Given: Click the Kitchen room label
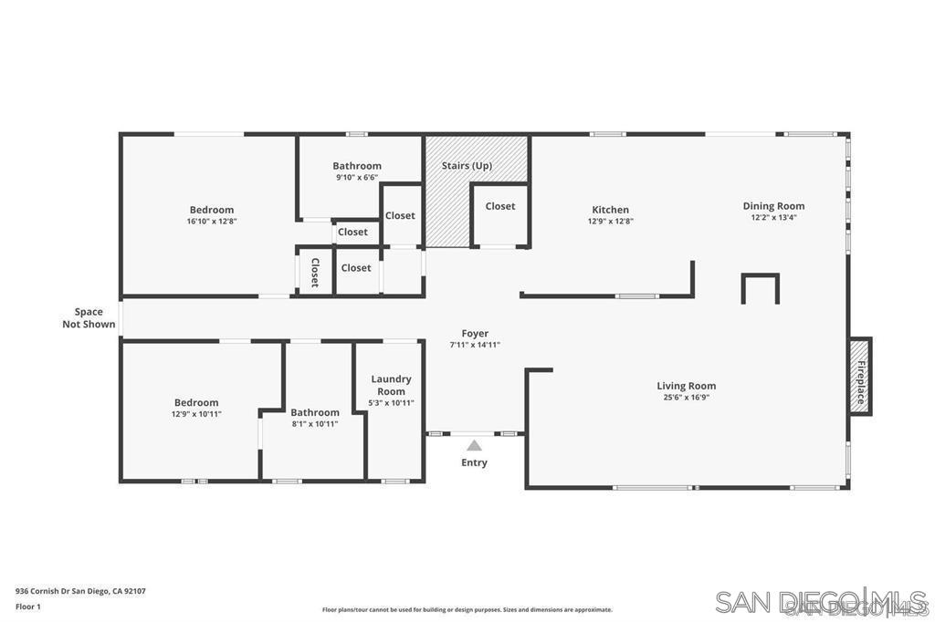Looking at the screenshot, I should [x=610, y=210].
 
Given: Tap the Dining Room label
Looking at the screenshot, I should [x=773, y=206].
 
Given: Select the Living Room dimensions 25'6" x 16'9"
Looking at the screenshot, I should [x=686, y=398].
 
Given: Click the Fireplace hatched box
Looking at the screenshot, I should [x=860, y=376].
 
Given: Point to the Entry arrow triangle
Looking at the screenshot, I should [x=474, y=445].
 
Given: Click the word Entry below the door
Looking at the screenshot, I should [x=474, y=462].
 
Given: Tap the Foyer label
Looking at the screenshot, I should [x=475, y=334].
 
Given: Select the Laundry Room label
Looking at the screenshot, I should [x=391, y=385].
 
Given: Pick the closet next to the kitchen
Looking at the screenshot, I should [x=499, y=206].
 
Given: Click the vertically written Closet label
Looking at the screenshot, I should [x=315, y=272].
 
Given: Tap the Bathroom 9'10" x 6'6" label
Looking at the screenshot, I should [x=357, y=171].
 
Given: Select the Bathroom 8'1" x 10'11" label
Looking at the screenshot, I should [x=315, y=418].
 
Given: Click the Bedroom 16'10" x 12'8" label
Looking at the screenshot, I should [x=212, y=215].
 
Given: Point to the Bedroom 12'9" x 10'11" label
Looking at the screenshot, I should [x=196, y=408].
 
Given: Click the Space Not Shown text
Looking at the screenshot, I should [x=89, y=317].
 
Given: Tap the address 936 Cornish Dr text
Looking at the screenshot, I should [x=80, y=591].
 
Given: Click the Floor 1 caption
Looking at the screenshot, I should [x=29, y=606].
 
